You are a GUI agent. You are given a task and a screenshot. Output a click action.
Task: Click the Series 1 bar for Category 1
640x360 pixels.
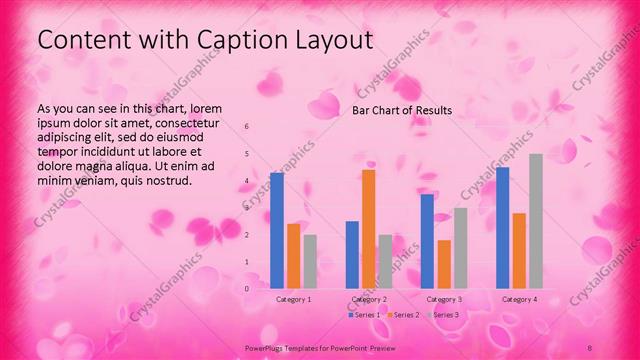277,230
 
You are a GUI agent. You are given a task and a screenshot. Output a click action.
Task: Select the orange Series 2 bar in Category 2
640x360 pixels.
368,229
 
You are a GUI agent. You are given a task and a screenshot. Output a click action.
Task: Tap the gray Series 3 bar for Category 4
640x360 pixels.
536,221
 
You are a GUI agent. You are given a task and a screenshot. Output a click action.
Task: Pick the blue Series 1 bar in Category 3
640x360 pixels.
427,241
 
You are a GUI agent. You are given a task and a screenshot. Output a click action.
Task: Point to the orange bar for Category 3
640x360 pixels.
444,264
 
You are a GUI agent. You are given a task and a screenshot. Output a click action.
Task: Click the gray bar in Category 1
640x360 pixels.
310,261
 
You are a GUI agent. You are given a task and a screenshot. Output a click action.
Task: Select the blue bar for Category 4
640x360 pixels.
502,227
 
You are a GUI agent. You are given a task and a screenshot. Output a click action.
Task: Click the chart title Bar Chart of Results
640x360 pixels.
402,110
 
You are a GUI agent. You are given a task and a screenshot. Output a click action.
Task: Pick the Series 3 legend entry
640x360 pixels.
443,315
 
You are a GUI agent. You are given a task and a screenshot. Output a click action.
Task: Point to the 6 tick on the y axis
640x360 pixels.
246,127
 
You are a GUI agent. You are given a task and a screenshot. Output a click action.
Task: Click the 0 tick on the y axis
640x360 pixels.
246,288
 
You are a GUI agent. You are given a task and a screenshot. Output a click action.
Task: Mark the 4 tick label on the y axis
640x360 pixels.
246,181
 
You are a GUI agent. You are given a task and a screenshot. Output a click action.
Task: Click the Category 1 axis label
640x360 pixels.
293,300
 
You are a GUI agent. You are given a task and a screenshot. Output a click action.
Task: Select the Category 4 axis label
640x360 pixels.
519,300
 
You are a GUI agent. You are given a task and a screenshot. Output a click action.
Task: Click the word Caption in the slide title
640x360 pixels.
210,41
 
